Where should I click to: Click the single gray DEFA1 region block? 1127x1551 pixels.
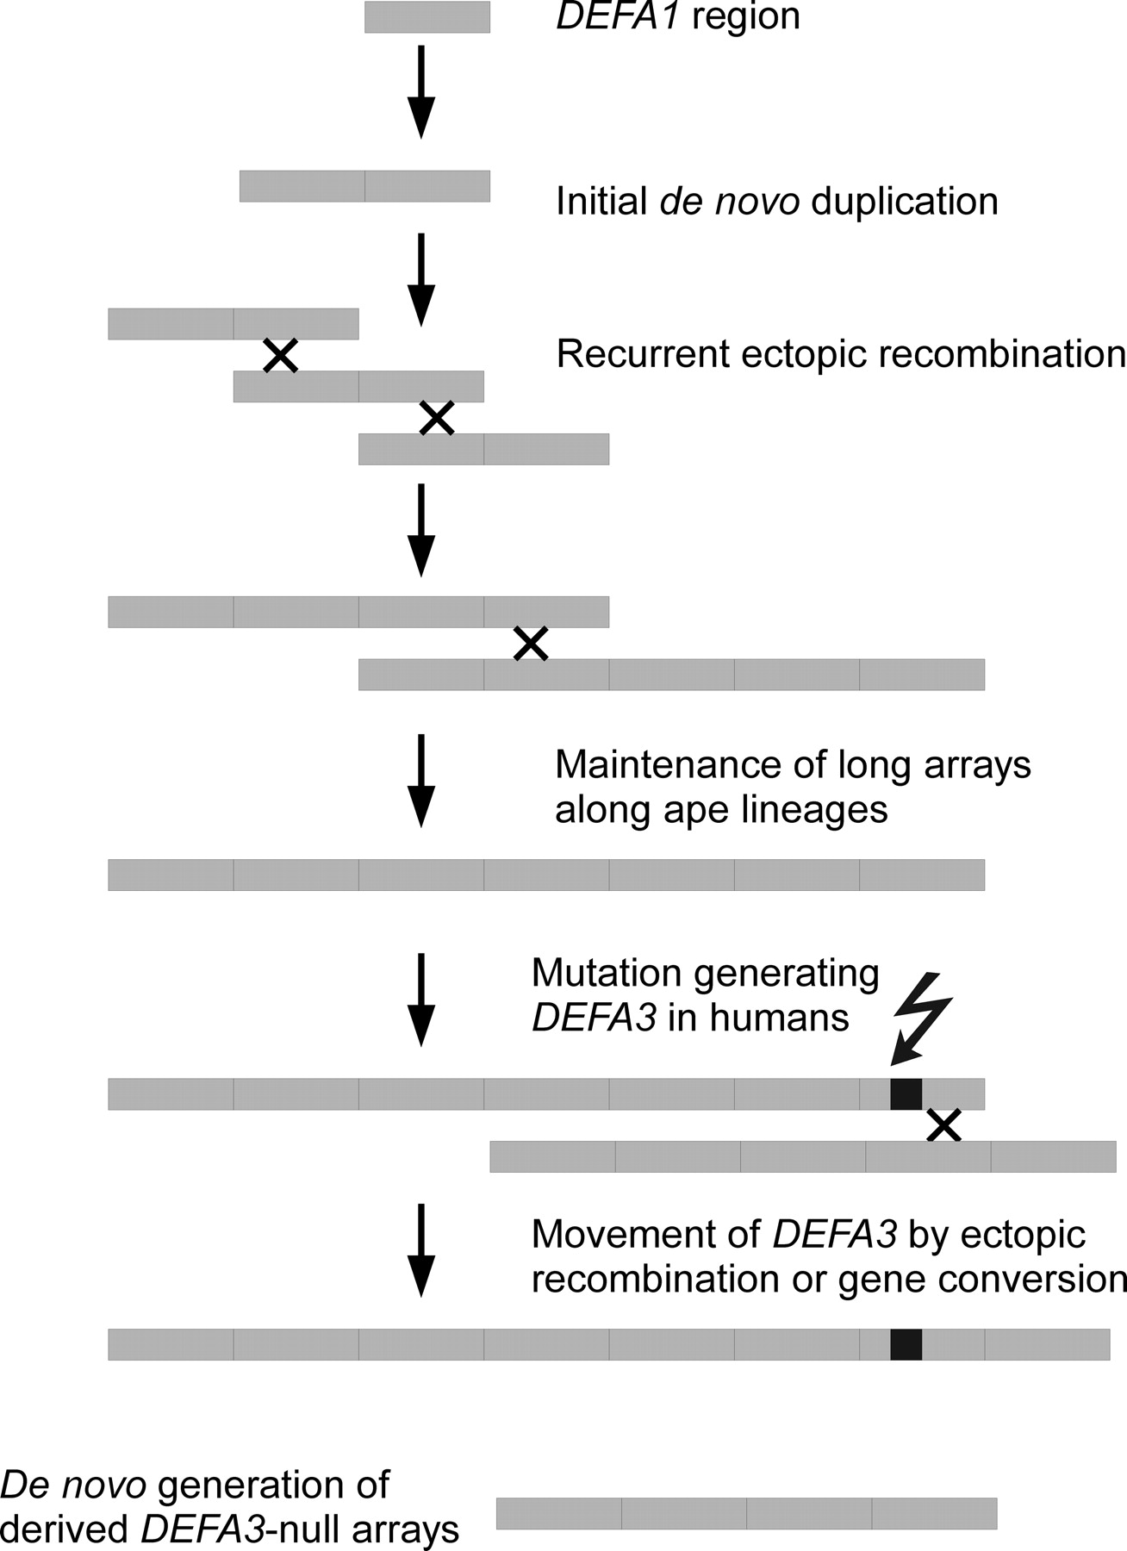tap(427, 17)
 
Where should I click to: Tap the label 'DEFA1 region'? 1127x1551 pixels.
tap(678, 17)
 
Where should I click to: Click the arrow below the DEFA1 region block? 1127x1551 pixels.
tap(420, 90)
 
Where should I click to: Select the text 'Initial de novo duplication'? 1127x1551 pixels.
tap(776, 202)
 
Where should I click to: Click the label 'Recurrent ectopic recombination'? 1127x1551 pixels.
tap(841, 354)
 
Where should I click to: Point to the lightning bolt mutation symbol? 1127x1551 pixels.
tap(923, 1017)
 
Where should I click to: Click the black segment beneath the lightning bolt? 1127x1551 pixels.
tap(906, 1093)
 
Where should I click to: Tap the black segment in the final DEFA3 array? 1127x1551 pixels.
tap(906, 1344)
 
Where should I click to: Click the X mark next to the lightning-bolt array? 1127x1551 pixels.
tap(943, 1125)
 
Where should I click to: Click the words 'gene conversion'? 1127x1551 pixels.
tap(982, 1280)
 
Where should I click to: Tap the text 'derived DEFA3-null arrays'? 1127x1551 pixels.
tap(230, 1529)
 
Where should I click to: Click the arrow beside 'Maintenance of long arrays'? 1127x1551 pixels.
tap(420, 780)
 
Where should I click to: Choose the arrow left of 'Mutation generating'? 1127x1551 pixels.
tap(420, 999)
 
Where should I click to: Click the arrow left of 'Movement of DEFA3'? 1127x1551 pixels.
tap(420, 1249)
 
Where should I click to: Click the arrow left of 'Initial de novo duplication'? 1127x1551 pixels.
tap(420, 278)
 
